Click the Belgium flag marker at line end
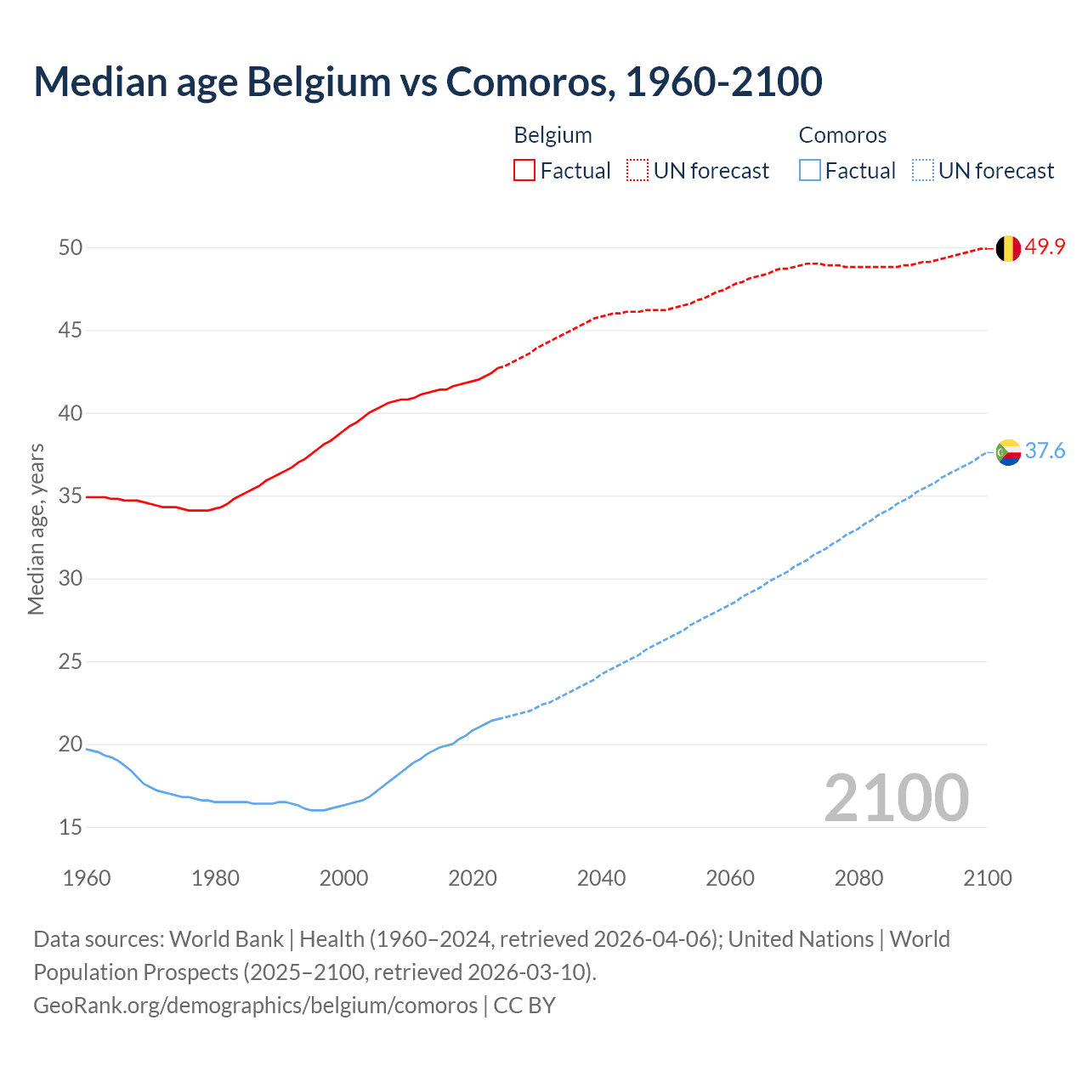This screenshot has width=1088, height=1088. click(1008, 248)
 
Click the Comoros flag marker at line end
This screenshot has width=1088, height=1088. click(1008, 451)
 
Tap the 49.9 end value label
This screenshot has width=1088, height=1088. click(1045, 247)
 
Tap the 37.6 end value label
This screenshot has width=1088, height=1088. click(1045, 450)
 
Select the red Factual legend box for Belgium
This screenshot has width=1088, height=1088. click(524, 170)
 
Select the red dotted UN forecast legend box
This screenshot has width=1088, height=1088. click(637, 170)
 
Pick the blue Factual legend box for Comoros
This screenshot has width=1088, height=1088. click(810, 170)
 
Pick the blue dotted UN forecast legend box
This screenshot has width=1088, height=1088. click(923, 170)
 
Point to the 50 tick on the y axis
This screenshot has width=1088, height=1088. click(71, 247)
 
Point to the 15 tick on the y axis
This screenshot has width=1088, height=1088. click(71, 827)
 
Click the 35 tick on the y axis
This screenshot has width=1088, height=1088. click(71, 496)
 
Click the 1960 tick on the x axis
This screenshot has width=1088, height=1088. click(87, 878)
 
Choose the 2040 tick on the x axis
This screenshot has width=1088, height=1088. click(601, 878)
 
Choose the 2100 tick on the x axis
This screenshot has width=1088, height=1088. click(988, 878)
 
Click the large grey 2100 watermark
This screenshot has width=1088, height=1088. click(897, 797)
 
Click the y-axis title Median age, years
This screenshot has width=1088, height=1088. click(36, 529)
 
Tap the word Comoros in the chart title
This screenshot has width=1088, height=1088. click(526, 82)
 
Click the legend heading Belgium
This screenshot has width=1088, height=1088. click(552, 135)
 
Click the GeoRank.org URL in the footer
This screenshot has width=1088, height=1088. click(255, 1005)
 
